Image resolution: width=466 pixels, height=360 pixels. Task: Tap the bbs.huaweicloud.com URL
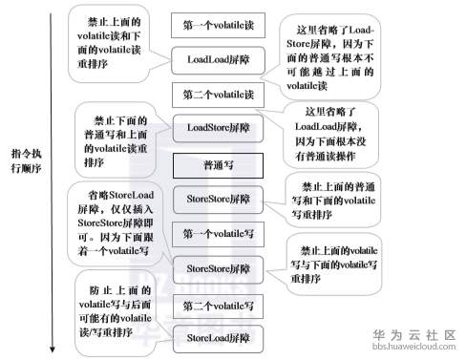413,349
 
